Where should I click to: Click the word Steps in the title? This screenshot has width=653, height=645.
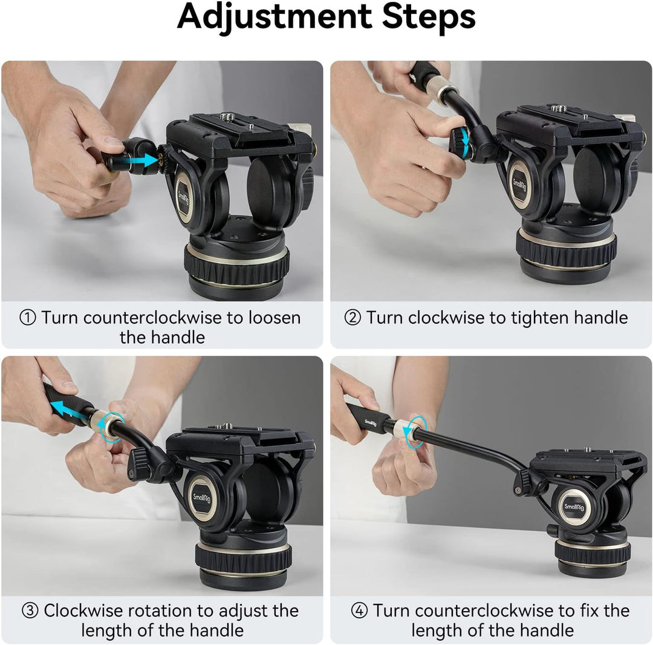pos(430,18)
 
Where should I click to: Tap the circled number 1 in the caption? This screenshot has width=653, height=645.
pos(28,318)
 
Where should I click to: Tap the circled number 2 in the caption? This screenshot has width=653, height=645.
pos(352,318)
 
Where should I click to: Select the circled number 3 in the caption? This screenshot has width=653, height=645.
pos(30,611)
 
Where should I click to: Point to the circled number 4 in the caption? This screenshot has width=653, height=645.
pos(359,611)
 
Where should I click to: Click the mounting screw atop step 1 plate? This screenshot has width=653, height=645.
pos(228,116)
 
